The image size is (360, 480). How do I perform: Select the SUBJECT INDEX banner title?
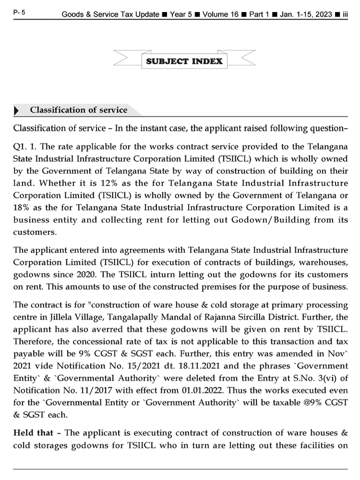coord(185,61)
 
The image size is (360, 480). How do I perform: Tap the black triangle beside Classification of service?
coord(17,111)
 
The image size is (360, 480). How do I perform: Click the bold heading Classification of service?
coord(78,110)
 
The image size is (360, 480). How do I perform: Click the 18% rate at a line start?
coord(21,207)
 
